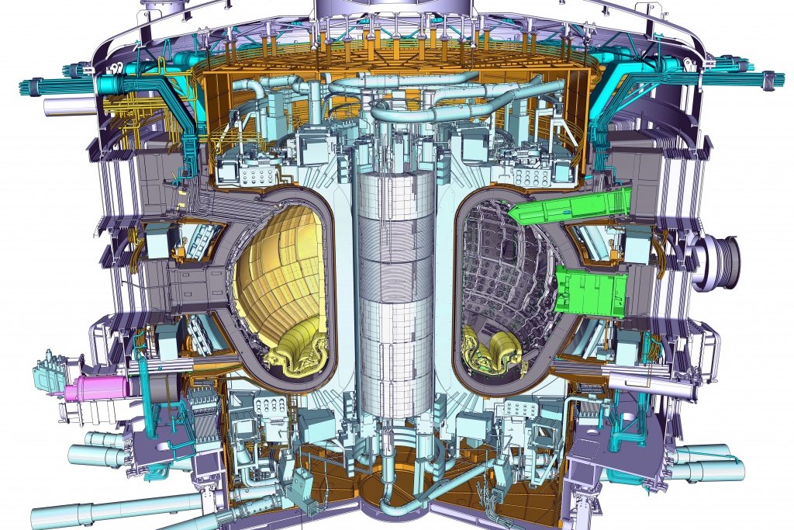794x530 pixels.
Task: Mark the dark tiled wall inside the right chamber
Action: [504, 272]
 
